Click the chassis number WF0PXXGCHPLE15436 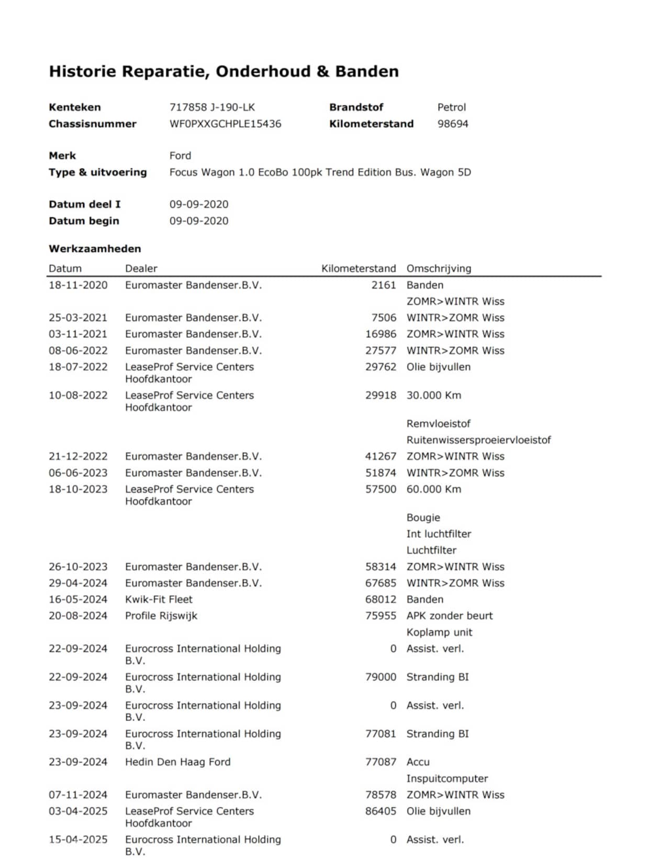point(225,124)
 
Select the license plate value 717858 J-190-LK point(212,107)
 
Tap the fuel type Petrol point(451,107)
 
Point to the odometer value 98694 point(453,124)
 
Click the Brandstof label point(356,107)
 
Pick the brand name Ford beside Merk point(180,156)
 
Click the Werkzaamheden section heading point(95,248)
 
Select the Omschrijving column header point(439,268)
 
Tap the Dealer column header point(141,268)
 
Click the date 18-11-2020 point(78,285)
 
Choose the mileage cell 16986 point(381,334)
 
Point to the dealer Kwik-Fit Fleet point(159,599)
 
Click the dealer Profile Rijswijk point(161,616)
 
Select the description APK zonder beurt point(450,616)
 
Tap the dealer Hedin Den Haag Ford point(177,762)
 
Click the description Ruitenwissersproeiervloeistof point(478,440)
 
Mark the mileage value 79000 point(381,677)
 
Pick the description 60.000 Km point(434,489)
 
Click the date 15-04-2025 point(78,839)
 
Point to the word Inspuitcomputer point(447,778)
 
